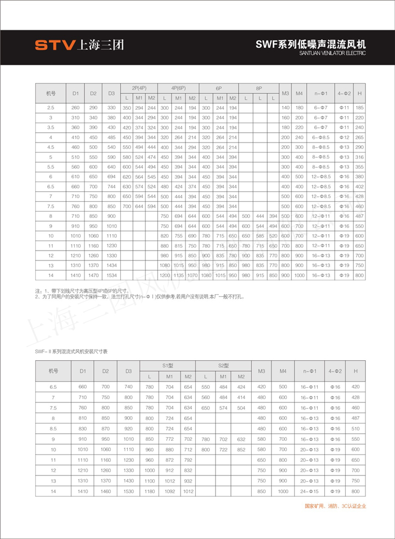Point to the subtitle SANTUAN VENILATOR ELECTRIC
coord(332,54)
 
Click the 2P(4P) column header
coord(139,88)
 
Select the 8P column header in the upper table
coord(259,88)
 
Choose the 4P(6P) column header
coord(178,88)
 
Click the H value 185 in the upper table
coord(359,108)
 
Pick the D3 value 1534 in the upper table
coord(111,274)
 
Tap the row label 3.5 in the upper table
coord(50,127)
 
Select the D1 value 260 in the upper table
coord(76,108)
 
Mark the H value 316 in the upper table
coord(359,157)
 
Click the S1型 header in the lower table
coord(167,365)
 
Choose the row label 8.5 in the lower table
coord(53,428)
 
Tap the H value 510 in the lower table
coord(356,428)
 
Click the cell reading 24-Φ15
coord(310,491)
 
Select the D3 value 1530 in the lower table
coord(128,491)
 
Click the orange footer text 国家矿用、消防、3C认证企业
coord(335,506)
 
